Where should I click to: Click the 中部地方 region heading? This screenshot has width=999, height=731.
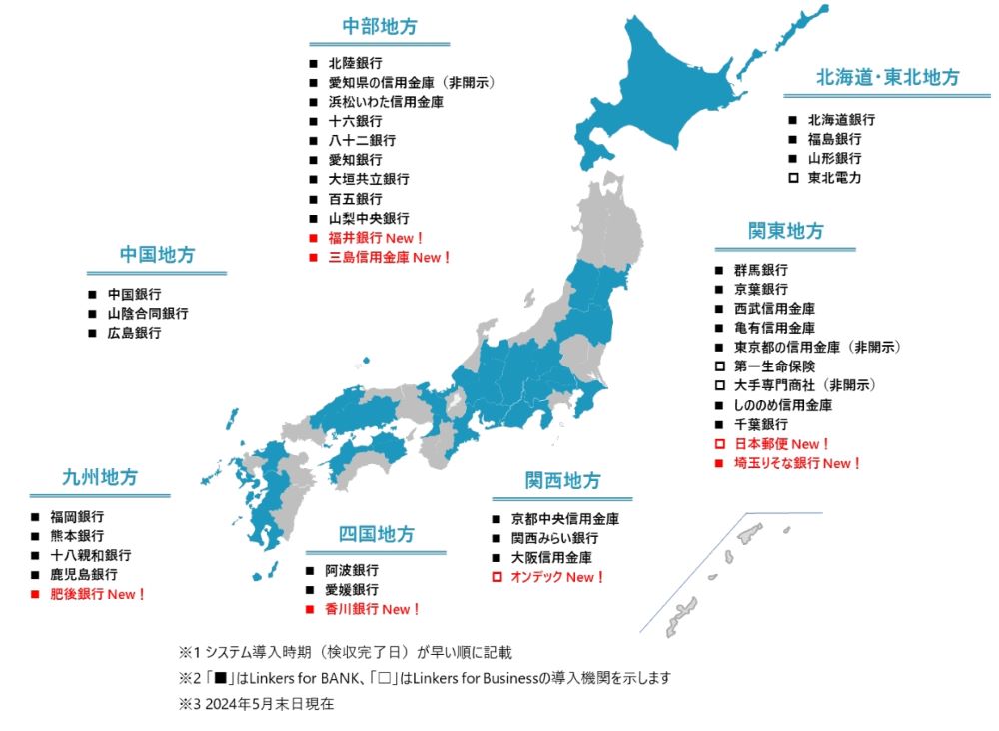[x=379, y=27]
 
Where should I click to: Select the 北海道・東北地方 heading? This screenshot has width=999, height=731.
[x=887, y=78]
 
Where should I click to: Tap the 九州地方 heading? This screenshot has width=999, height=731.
[x=100, y=477]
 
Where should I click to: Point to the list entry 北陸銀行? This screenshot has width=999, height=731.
[x=355, y=62]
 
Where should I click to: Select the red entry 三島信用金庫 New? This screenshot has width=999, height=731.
[x=390, y=258]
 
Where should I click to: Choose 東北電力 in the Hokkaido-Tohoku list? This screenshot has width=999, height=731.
[x=834, y=178]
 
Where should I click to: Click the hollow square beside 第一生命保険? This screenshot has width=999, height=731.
[x=719, y=366]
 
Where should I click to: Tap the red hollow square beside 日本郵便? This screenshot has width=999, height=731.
[x=719, y=444]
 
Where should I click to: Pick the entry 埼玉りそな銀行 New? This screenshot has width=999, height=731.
[x=797, y=463]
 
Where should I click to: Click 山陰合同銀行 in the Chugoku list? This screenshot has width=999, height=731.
[x=148, y=314]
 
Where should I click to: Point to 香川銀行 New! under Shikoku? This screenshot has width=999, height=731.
[x=373, y=609]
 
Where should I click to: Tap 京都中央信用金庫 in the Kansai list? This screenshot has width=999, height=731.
[x=564, y=519]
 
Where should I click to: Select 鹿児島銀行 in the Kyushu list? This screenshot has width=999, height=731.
[x=83, y=574]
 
